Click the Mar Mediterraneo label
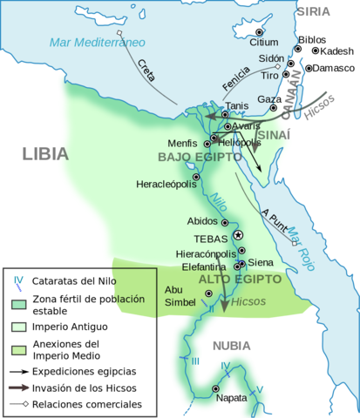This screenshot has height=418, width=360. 84,41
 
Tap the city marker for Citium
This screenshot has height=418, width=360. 259,32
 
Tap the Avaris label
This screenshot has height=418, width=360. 247,126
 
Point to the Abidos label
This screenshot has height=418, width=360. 203,221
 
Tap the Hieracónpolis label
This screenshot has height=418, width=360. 208,253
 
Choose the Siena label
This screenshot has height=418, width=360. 261,262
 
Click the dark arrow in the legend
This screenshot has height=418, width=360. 19,388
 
